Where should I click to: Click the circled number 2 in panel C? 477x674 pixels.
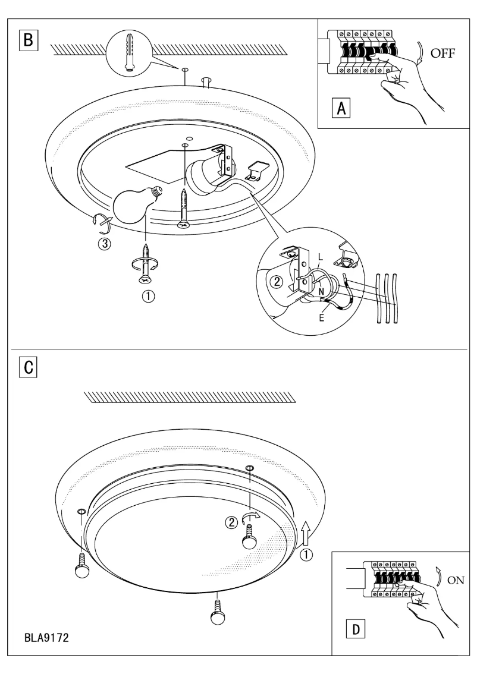(231, 523)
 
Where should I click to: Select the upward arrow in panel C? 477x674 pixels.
(306, 531)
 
